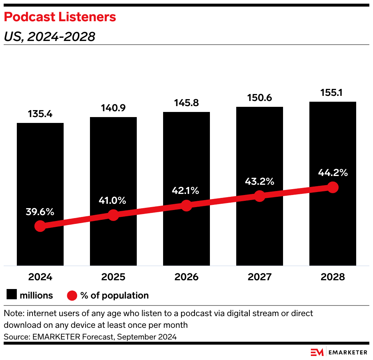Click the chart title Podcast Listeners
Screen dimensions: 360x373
click(60, 17)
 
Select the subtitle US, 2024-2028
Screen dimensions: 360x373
click(49, 37)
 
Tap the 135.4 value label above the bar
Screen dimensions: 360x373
click(40, 114)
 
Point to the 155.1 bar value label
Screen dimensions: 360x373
click(332, 93)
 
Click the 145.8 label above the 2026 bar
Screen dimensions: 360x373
click(186, 103)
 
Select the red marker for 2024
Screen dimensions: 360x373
click(40, 226)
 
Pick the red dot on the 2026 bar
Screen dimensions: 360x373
click(186, 206)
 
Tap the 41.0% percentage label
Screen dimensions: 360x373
click(113, 200)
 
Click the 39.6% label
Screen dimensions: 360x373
click(40, 211)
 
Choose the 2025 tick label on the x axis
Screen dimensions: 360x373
click(113, 277)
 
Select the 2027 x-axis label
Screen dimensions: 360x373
click(260, 277)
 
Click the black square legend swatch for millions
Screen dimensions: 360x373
click(12, 295)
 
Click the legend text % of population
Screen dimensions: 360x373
click(114, 295)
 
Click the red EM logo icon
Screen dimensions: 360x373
click(317, 352)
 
